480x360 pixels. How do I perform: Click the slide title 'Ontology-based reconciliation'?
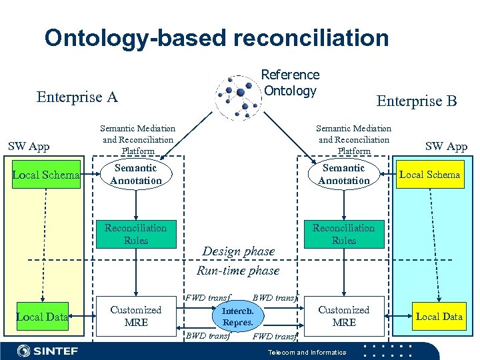click(217, 37)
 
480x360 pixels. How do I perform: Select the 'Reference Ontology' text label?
click(290, 83)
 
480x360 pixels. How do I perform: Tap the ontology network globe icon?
click(237, 97)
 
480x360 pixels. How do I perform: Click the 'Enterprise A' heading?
click(77, 97)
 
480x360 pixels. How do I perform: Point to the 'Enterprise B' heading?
click(417, 101)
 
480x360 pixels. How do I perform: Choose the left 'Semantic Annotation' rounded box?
click(136, 175)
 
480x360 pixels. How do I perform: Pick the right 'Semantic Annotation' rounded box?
click(343, 175)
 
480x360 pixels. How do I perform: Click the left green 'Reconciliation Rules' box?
click(136, 234)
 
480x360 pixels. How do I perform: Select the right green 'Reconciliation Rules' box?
click(343, 234)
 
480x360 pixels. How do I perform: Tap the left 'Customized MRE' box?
click(136, 316)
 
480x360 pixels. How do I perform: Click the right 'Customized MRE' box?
click(343, 316)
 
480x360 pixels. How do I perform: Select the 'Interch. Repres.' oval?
click(237, 317)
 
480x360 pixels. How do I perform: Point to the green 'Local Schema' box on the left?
click(45, 175)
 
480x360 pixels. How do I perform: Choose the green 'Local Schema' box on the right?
click(429, 175)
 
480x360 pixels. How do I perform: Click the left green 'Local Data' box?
click(42, 317)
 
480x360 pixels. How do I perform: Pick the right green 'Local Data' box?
click(439, 316)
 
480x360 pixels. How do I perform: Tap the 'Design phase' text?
click(238, 251)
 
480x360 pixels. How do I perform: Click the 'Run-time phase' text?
click(238, 271)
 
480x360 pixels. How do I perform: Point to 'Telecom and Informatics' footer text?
click(307, 352)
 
